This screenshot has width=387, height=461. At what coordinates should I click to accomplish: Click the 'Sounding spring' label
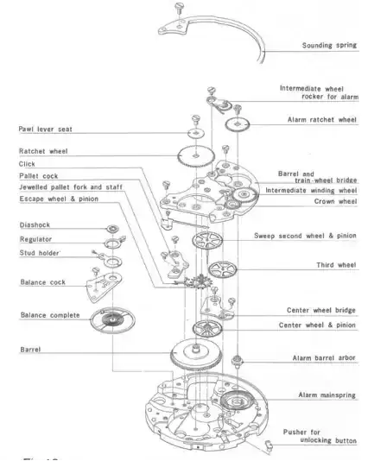329,45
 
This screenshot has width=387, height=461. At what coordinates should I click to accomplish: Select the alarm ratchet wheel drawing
238,124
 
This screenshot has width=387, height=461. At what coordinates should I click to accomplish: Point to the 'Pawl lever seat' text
45,129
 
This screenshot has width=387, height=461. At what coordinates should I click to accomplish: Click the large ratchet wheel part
196,156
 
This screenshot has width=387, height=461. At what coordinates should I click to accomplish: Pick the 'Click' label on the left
27,164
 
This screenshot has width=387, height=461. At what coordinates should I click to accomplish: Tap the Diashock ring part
112,228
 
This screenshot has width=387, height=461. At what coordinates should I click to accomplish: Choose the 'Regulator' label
35,239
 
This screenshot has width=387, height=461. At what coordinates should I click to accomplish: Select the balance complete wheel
112,320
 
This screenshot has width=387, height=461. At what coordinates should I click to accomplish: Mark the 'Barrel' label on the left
30,350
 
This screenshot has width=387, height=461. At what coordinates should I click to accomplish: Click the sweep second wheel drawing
207,240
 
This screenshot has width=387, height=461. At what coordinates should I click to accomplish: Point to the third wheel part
222,269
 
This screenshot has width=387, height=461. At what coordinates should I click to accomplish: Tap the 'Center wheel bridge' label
321,310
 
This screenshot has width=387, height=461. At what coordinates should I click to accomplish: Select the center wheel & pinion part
207,329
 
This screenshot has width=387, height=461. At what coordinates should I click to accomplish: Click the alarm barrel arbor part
237,360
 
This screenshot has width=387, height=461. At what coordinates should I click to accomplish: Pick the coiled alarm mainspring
238,401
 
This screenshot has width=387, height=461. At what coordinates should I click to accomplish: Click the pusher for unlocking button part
269,445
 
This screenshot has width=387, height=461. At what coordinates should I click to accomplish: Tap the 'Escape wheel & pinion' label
59,199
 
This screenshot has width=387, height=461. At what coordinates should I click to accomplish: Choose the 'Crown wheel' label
335,201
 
